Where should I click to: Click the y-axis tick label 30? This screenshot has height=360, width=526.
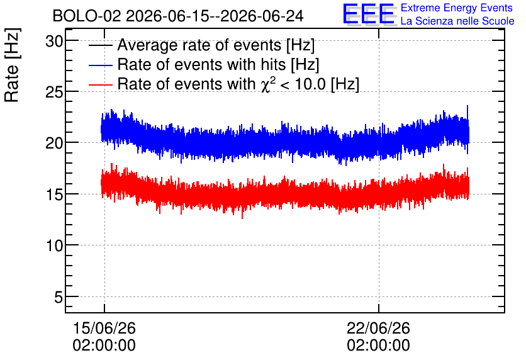pyautogui.click(x=54, y=42)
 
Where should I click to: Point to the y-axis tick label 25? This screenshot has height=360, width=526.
pyautogui.click(x=54, y=93)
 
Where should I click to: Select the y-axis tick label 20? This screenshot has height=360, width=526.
pyautogui.click(x=54, y=143)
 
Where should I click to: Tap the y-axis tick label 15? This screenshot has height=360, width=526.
pyautogui.click(x=54, y=194)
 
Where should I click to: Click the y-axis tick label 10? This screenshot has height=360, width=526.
pyautogui.click(x=54, y=246)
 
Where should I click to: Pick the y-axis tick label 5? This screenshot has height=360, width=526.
pyautogui.click(x=59, y=297)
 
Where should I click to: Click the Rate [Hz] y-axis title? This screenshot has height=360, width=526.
pyautogui.click(x=12, y=65)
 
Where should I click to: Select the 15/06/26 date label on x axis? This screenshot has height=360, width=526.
pyautogui.click(x=104, y=328)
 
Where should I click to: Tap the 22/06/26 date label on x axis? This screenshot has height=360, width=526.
pyautogui.click(x=378, y=328)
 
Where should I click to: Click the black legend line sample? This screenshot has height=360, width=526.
pyautogui.click(x=100, y=45)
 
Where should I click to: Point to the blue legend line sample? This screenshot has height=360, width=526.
pyautogui.click(x=100, y=65)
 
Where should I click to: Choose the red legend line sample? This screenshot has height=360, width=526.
pyautogui.click(x=100, y=84)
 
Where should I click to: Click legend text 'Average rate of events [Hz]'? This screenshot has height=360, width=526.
pyautogui.click(x=216, y=45)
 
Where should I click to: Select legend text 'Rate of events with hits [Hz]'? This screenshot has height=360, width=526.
pyautogui.click(x=218, y=64)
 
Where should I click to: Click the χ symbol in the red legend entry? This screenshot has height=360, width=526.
pyautogui.click(x=265, y=86)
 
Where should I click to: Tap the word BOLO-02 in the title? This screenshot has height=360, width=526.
pyautogui.click(x=87, y=16)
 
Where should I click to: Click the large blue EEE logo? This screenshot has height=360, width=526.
pyautogui.click(x=369, y=14)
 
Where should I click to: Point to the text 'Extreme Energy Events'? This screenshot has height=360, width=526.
pyautogui.click(x=457, y=8)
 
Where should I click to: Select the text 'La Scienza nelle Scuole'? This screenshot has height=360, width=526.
pyautogui.click(x=457, y=21)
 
